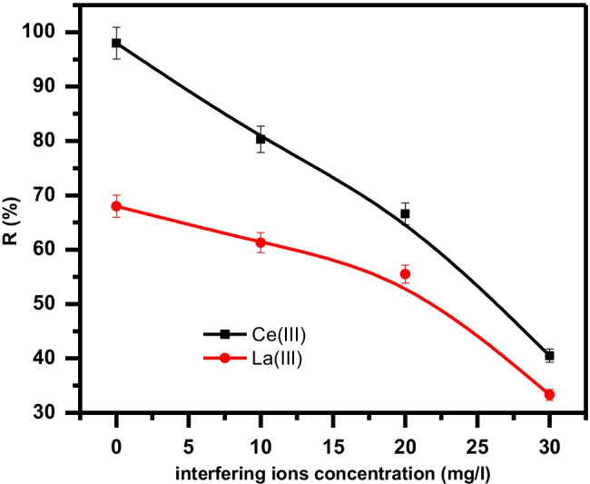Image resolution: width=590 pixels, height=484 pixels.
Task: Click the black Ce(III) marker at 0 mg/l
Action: pyautogui.click(x=116, y=43)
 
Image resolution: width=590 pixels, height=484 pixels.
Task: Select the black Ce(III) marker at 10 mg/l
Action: pyautogui.click(x=261, y=139)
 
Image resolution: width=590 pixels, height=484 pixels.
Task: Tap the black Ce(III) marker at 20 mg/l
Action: pyautogui.click(x=405, y=213)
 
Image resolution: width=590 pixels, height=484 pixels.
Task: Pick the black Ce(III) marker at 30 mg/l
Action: pyautogui.click(x=549, y=356)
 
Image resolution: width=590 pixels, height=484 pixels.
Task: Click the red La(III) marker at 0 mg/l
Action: pyautogui.click(x=116, y=206)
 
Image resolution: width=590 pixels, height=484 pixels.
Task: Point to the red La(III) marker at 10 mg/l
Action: pyautogui.click(x=261, y=242)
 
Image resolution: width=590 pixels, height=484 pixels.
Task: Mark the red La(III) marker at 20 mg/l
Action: pyautogui.click(x=405, y=273)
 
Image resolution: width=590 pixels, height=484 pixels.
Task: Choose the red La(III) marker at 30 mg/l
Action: pyautogui.click(x=549, y=395)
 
